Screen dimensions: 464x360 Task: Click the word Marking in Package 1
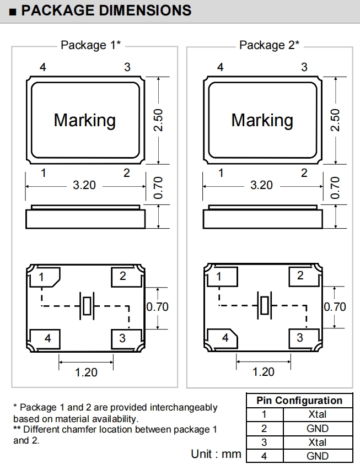(84, 120)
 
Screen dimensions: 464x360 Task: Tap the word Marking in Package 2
(262, 120)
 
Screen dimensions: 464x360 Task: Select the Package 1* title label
(90, 45)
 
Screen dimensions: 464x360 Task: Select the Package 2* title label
(269, 45)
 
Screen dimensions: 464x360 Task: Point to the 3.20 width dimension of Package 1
(84, 185)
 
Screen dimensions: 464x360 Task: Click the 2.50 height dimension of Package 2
(335, 120)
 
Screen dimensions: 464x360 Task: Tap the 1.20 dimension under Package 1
(86, 372)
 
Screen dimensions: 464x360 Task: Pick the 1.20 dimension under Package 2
(264, 372)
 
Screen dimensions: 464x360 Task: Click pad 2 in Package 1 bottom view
(123, 276)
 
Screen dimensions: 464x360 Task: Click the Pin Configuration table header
(299, 401)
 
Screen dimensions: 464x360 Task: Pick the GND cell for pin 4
(318, 456)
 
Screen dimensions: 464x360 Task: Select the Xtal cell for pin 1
(318, 414)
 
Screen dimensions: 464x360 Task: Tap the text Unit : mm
(216, 454)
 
